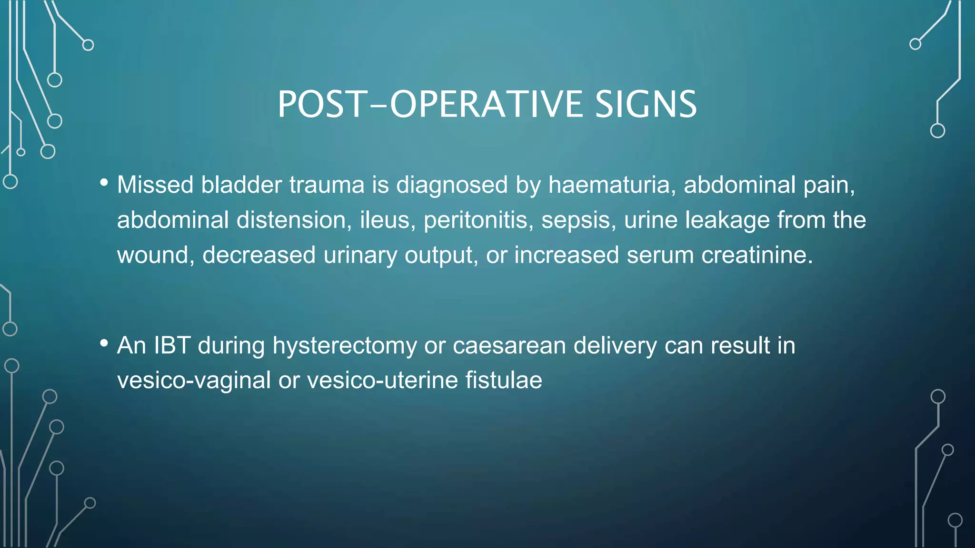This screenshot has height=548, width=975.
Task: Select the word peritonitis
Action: (x=478, y=220)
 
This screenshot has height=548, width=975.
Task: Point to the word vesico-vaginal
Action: (x=194, y=380)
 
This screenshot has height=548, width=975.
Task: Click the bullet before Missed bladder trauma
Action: (x=104, y=183)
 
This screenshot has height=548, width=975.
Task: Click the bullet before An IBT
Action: (x=104, y=343)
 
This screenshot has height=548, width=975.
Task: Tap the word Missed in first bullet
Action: (x=155, y=185)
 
